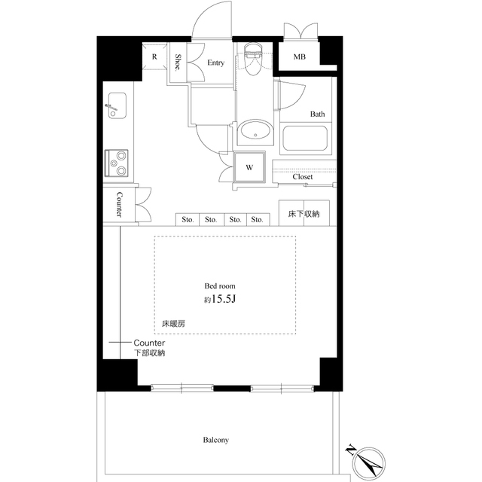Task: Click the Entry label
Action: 217,63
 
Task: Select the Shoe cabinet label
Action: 178,62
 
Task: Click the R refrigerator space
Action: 154,56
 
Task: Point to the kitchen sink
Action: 117,105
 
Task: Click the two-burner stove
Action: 117,160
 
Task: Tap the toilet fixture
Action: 252,60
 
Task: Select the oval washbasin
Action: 255,133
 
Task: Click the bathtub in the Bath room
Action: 304,139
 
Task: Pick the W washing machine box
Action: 249,167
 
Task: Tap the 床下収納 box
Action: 304,214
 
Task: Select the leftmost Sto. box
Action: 188,220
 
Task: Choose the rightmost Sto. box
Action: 257,220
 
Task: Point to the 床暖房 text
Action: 173,324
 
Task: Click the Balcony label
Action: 215,440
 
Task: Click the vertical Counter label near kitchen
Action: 119,204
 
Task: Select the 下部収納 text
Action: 149,352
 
